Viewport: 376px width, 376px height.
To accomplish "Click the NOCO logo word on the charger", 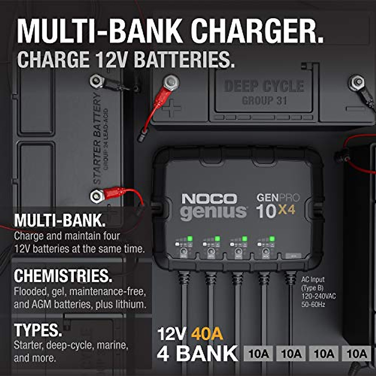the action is click(209, 199).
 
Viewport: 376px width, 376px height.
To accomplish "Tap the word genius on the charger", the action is click(213, 212).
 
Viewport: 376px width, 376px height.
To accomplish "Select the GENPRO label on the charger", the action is click(278, 198).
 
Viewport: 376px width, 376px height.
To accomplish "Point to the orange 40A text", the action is click(207, 333).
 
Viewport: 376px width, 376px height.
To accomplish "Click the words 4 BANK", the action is click(197, 353).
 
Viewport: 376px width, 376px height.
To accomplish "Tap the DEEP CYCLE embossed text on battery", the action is click(264, 86).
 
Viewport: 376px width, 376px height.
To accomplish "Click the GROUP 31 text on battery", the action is click(264, 101).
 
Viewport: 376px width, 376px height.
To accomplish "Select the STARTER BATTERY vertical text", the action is click(97, 138).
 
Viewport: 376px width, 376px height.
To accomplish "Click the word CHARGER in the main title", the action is click(257, 31).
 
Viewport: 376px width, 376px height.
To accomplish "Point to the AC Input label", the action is click(313, 279).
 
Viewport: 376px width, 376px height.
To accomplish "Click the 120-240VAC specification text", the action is click(318, 296).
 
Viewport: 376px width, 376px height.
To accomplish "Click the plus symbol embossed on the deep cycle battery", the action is click(171, 109).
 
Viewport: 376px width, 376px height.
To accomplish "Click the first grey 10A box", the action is click(258, 354).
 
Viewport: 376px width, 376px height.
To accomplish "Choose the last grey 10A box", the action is click(357, 354).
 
